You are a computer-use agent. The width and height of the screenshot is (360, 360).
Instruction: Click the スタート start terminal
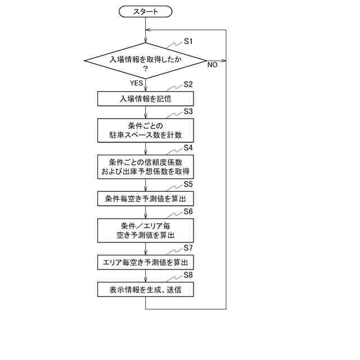(146, 11)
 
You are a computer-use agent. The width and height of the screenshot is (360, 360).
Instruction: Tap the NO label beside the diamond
(212, 65)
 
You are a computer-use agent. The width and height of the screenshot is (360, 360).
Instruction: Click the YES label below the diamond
(137, 83)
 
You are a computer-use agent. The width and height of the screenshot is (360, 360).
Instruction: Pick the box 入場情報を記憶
(146, 98)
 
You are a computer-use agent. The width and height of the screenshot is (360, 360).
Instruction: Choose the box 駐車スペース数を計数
(146, 130)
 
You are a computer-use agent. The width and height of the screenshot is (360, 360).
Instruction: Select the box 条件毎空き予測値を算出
(146, 199)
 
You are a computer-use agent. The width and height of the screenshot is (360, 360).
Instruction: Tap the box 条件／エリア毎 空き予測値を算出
(146, 229)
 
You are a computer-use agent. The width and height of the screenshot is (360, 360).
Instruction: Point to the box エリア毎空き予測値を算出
(146, 262)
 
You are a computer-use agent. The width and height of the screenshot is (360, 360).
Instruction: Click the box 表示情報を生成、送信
(146, 290)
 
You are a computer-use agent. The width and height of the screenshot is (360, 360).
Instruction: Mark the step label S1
(188, 42)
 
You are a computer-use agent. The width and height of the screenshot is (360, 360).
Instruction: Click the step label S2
(188, 84)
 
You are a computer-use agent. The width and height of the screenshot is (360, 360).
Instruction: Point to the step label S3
(188, 111)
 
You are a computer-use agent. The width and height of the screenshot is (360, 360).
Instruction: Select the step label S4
(188, 147)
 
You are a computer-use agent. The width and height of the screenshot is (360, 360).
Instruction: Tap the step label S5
(188, 184)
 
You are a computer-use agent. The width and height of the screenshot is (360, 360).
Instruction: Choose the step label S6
(188, 211)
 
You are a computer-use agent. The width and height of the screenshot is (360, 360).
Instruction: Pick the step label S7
(188, 247)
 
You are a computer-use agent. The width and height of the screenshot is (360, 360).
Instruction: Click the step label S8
(188, 275)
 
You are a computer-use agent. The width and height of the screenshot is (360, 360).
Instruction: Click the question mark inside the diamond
(145, 68)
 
